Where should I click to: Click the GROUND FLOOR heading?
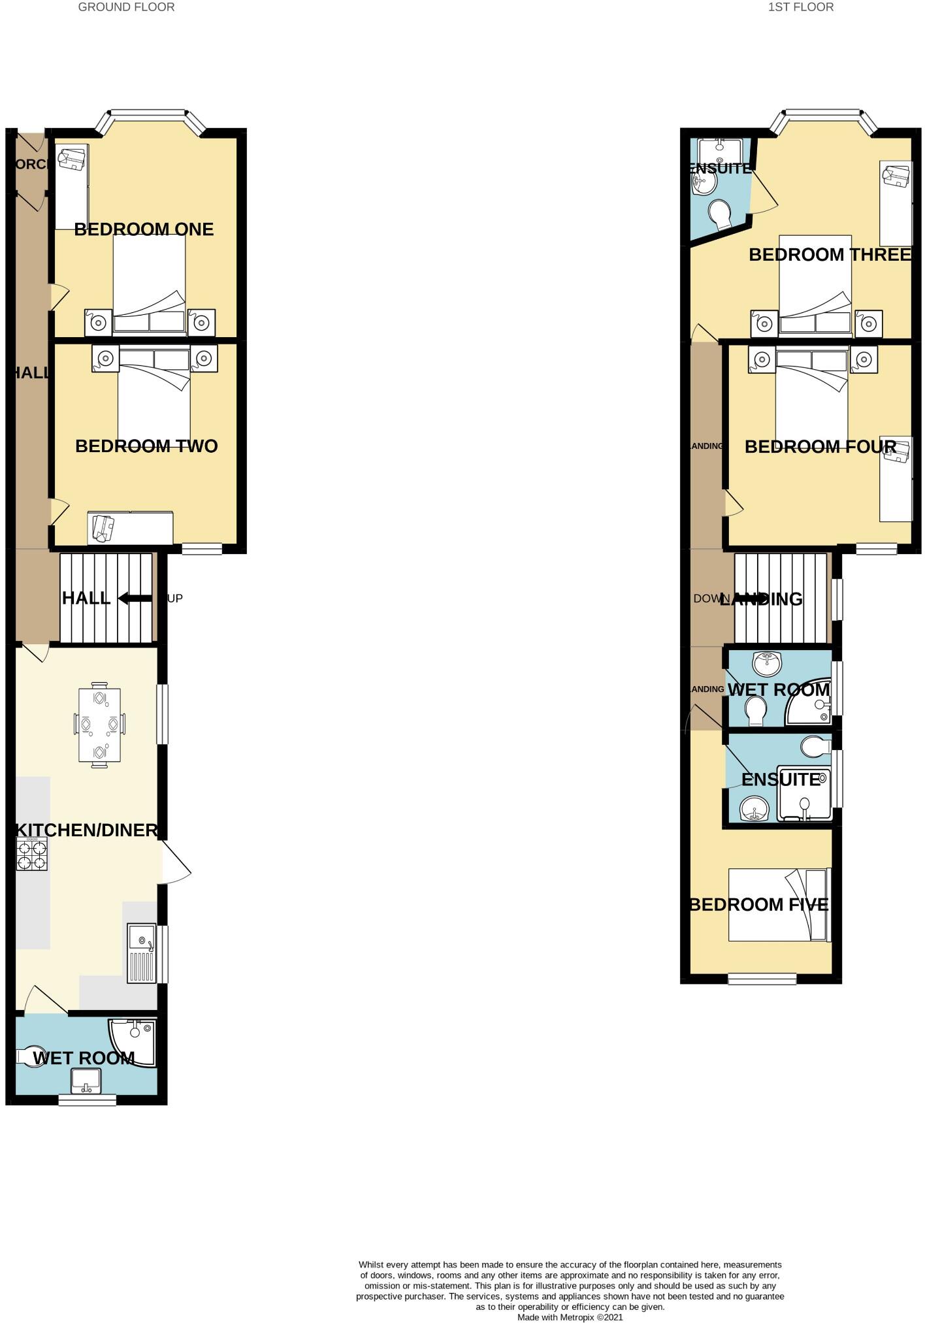pos(126,7)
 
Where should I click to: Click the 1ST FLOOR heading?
pos(800,7)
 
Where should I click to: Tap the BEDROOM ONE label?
pos(144,229)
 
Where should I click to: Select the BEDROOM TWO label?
pos(146,446)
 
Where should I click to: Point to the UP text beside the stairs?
pos(175,598)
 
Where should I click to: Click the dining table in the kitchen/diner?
pos(99,725)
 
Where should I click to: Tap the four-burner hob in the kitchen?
pos(32,855)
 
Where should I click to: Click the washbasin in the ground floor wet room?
pos(86,1081)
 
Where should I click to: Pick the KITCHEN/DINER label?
pos(87,830)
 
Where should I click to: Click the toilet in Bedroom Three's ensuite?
pos(720,213)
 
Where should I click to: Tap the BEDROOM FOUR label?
pos(820,447)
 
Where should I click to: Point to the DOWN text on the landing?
pos(711,598)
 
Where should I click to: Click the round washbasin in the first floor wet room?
pos(768,663)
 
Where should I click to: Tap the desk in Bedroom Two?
pos(131,528)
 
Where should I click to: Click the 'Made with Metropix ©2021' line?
pos(570,1317)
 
